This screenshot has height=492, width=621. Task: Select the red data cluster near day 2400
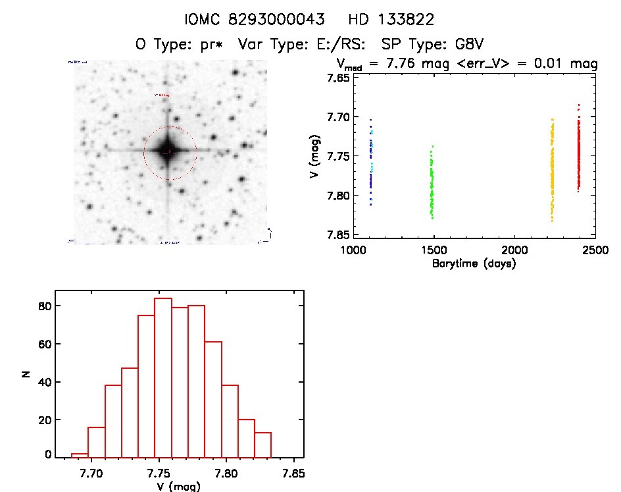click(x=579, y=155)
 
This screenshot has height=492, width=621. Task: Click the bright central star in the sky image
click(x=168, y=151)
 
